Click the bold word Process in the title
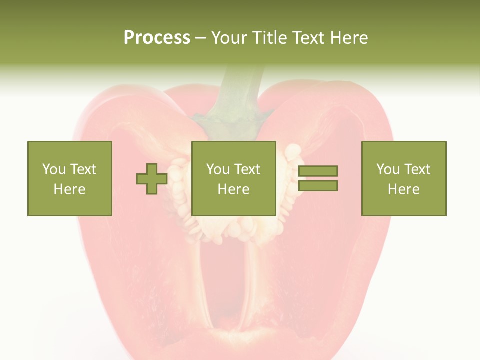coord(157,38)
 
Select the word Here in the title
coord(348,38)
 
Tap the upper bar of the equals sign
coord(318,171)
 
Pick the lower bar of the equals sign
coord(318,186)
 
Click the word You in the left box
coord(53,169)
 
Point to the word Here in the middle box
coord(233,189)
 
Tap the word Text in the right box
coord(418,169)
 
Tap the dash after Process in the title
coord(201,38)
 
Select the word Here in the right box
coord(403,189)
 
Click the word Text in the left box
coord(83,169)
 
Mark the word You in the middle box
coord(217,169)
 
